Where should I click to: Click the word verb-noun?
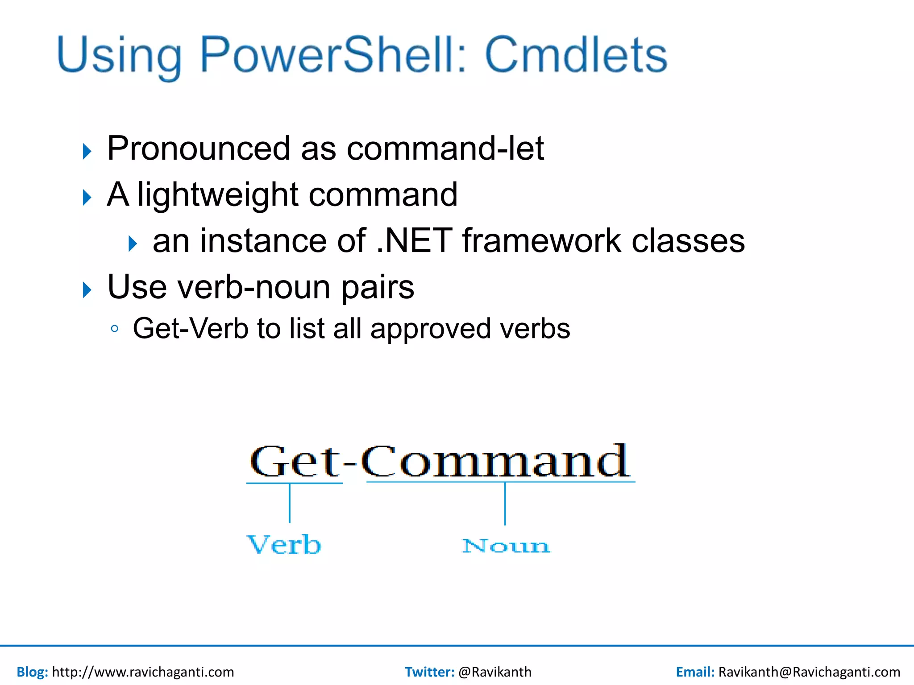(254, 287)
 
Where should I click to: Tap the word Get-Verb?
(190, 329)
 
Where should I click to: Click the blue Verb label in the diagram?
(284, 545)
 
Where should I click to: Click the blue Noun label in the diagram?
(506, 546)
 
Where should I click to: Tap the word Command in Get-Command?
(495, 462)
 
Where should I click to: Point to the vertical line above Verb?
(290, 503)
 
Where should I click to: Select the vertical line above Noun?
(505, 504)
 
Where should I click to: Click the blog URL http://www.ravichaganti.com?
(143, 672)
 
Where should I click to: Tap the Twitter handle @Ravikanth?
(494, 672)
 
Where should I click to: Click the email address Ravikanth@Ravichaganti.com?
(809, 672)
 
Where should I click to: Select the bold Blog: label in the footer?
(32, 672)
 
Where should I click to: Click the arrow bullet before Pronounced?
(87, 152)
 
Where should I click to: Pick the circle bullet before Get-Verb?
(115, 329)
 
